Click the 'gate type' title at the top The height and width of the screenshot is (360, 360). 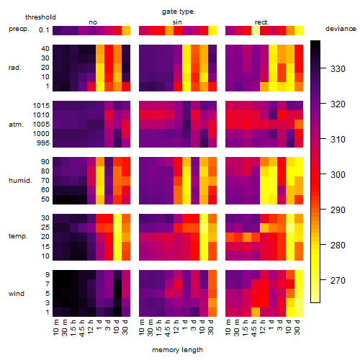pyautogui.click(x=178, y=12)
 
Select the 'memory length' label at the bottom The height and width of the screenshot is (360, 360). pyautogui.click(x=177, y=350)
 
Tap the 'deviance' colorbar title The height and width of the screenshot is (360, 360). pyautogui.click(x=341, y=29)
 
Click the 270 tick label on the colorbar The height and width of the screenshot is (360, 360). pyautogui.click(x=338, y=280)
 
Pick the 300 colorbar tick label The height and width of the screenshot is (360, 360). pyautogui.click(x=338, y=174)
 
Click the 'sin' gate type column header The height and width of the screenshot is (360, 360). pyautogui.click(x=177, y=22)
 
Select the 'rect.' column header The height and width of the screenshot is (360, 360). pyautogui.click(x=262, y=22)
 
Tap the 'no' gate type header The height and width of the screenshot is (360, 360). pyautogui.click(x=93, y=22)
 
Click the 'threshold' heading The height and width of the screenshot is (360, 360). pyautogui.click(x=40, y=17)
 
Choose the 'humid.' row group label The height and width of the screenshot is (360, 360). pyautogui.click(x=20, y=181)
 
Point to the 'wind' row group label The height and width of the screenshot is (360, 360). pyautogui.click(x=17, y=294)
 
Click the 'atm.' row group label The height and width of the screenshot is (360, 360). pyautogui.click(x=16, y=125)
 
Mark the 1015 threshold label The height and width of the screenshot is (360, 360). pyautogui.click(x=41, y=106)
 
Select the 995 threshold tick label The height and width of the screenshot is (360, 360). pyautogui.click(x=43, y=143)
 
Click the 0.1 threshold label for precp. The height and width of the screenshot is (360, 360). pyautogui.click(x=44, y=30)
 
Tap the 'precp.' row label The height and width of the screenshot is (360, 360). pyautogui.click(x=19, y=29)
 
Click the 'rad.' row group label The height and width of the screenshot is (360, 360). pyautogui.click(x=15, y=68)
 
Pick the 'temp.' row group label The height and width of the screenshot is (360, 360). pyautogui.click(x=18, y=236)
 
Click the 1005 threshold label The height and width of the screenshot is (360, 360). pyautogui.click(x=41, y=125)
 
